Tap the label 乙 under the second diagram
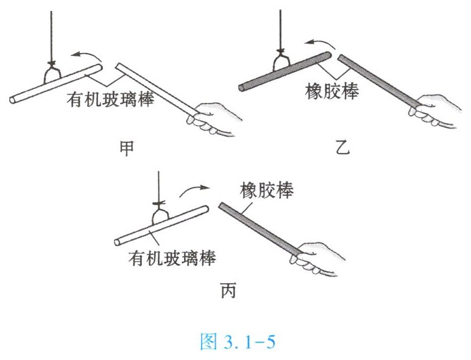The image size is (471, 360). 341,148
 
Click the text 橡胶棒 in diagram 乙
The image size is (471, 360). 331,92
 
